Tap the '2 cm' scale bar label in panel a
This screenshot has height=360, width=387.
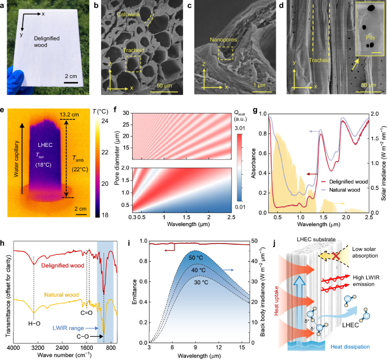71,76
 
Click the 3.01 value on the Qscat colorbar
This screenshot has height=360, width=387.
236,131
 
